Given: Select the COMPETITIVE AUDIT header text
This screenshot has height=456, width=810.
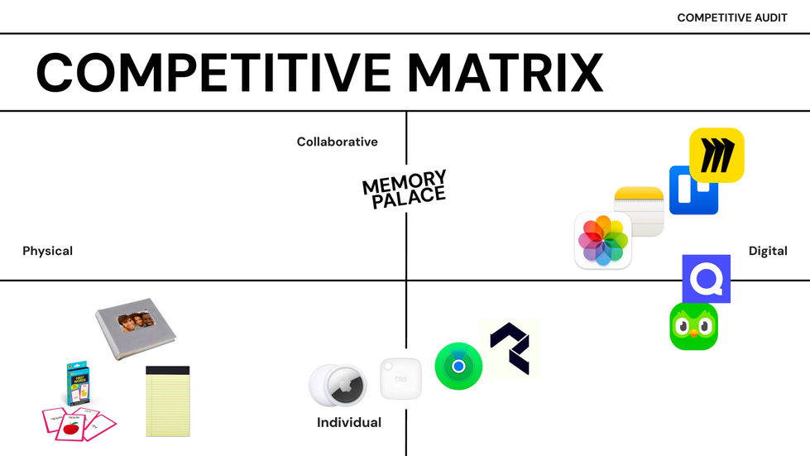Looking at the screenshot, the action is (x=732, y=17).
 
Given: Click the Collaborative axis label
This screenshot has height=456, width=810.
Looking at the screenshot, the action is (x=337, y=142).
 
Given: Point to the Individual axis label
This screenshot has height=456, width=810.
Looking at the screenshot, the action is (x=349, y=423).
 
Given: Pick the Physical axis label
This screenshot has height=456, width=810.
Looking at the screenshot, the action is (x=47, y=251).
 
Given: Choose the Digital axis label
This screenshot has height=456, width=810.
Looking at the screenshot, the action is (x=768, y=251).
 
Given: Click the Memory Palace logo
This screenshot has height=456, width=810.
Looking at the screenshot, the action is (x=405, y=190).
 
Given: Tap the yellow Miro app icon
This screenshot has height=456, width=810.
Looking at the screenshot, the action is (x=717, y=155).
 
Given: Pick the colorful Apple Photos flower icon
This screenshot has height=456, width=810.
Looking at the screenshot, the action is (x=603, y=241).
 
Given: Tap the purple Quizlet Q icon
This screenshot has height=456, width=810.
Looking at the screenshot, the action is (x=706, y=279).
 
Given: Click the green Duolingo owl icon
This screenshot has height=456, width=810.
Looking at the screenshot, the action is (x=693, y=326).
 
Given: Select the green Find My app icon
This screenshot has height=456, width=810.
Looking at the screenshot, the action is (x=458, y=366).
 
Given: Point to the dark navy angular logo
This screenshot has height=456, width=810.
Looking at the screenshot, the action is (x=509, y=348).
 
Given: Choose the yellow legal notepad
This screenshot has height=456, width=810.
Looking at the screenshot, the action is (x=168, y=401).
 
